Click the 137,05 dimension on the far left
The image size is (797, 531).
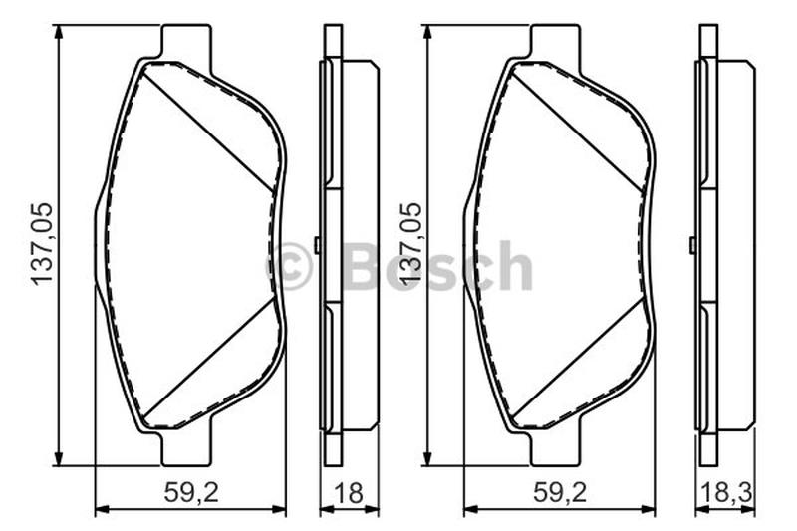42,244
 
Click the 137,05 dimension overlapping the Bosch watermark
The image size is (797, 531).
411,244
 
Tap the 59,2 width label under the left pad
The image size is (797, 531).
191,492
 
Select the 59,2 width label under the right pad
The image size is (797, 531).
560,492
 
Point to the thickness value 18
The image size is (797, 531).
349,492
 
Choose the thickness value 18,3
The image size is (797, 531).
726,492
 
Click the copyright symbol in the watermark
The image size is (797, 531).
290,266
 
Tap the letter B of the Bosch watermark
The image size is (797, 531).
361,265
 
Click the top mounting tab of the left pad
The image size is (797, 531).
186,41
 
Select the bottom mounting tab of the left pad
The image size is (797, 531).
186,447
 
